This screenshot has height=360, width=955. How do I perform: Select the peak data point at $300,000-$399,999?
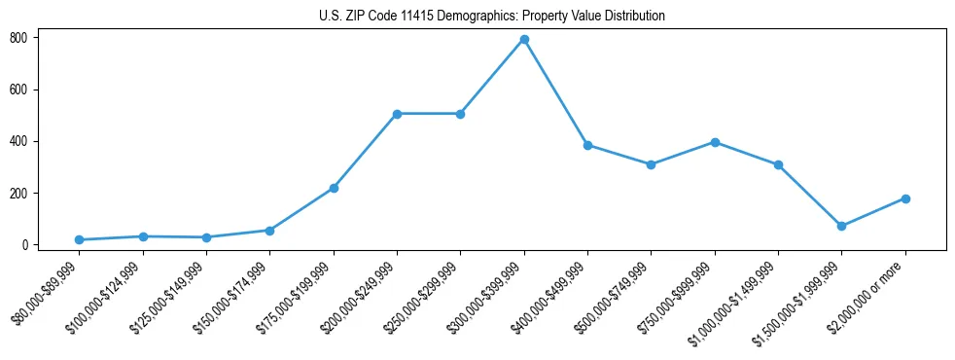coord(524,39)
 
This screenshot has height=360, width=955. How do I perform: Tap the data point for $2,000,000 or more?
coord(905,198)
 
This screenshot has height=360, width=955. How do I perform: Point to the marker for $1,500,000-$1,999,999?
coord(841,226)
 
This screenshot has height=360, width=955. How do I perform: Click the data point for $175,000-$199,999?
coord(334,188)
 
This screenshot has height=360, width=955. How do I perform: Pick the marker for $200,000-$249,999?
coord(397,114)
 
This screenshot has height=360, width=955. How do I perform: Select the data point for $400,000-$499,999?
coord(587,145)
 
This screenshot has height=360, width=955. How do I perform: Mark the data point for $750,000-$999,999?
coord(715,142)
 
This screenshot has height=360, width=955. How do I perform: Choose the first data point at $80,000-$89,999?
coord(79,239)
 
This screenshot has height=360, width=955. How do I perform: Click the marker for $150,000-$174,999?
coord(269,231)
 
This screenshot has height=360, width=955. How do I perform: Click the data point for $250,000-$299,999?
coord(460,114)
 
